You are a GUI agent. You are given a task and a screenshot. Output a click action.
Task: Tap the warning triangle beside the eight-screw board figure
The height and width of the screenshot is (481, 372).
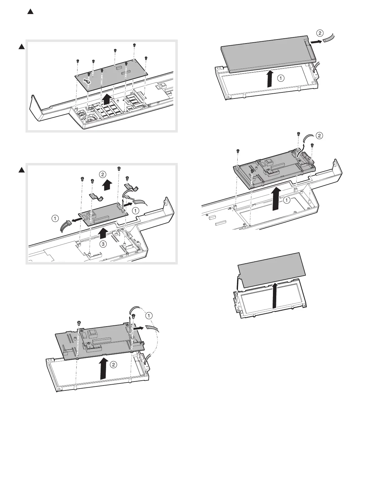point(21,47)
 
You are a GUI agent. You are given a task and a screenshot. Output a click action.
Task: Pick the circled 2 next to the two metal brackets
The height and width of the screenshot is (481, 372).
point(103,174)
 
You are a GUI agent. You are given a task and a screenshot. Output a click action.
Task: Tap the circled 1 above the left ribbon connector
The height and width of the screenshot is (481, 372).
point(55,218)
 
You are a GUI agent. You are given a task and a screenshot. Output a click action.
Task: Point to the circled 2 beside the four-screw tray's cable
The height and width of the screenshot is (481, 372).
point(319,136)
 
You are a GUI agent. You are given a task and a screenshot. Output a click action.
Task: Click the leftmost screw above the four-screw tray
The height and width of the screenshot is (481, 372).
point(238,151)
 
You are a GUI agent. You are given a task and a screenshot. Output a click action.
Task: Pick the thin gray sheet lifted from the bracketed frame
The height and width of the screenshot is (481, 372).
point(270,269)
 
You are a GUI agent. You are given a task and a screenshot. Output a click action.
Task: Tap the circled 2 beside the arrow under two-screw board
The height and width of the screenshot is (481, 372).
point(113,365)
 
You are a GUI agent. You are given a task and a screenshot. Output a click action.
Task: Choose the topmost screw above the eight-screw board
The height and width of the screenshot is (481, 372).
point(134,45)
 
